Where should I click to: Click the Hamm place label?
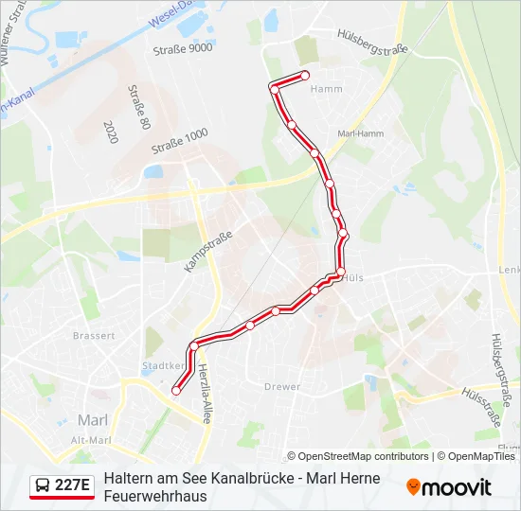point(326,88)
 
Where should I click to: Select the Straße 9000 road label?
point(183,47)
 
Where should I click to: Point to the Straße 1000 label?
point(179,142)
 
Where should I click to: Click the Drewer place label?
point(282,386)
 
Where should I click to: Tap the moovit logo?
point(449,487)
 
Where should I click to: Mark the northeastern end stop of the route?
point(305,75)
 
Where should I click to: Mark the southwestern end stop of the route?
point(175,390)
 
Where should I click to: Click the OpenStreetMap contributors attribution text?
point(358,456)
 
